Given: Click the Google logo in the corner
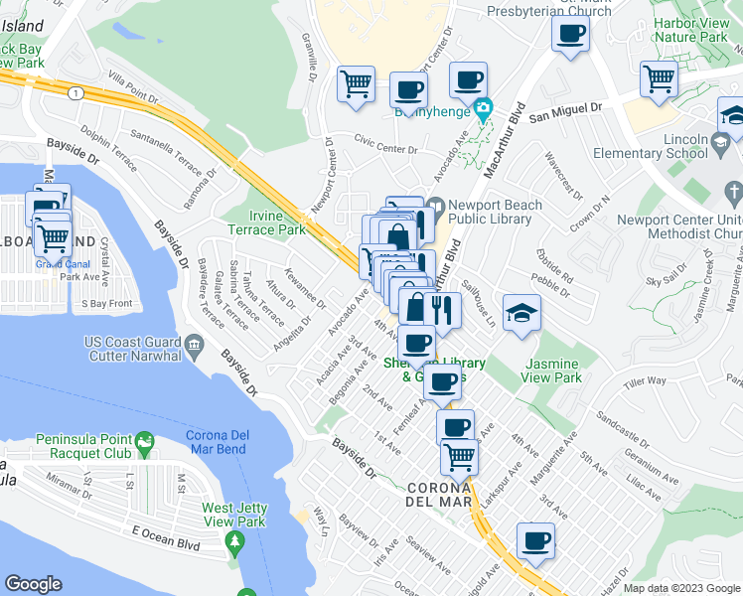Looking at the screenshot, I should [34, 584].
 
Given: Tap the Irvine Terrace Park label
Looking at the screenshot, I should [277, 223].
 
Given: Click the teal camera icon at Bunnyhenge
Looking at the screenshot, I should [483, 107].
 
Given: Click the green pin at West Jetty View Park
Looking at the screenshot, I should [235, 541].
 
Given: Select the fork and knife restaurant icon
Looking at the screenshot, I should [443, 310].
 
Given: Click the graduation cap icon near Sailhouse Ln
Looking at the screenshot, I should [520, 312].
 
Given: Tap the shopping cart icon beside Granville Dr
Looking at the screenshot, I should [355, 83].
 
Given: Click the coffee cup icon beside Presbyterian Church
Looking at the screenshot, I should [570, 33].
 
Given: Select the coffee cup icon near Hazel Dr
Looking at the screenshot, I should [535, 541].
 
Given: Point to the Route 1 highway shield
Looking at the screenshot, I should [74, 91].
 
